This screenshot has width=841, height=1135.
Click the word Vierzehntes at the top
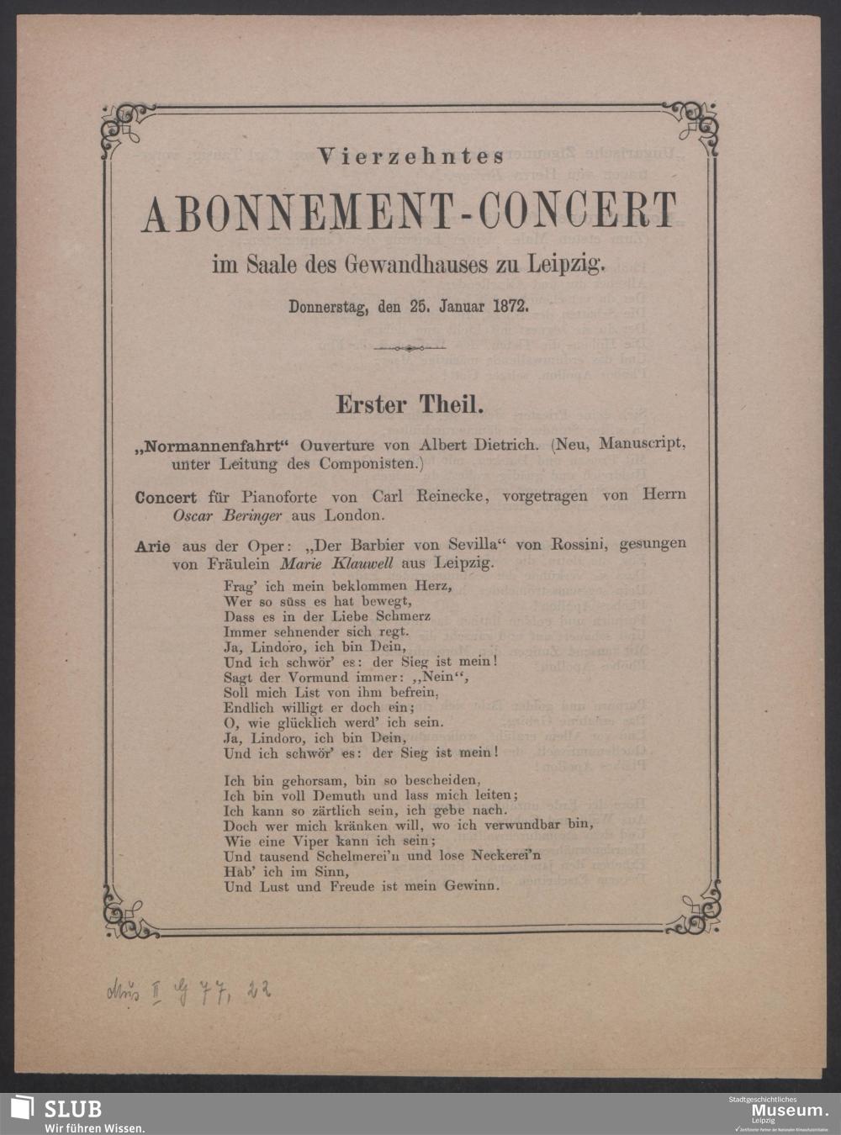point(410,156)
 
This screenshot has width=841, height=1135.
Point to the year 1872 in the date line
point(510,307)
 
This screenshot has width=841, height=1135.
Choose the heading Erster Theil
point(410,404)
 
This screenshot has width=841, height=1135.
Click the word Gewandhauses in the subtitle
point(408,267)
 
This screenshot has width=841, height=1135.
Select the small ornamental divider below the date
point(408,348)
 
